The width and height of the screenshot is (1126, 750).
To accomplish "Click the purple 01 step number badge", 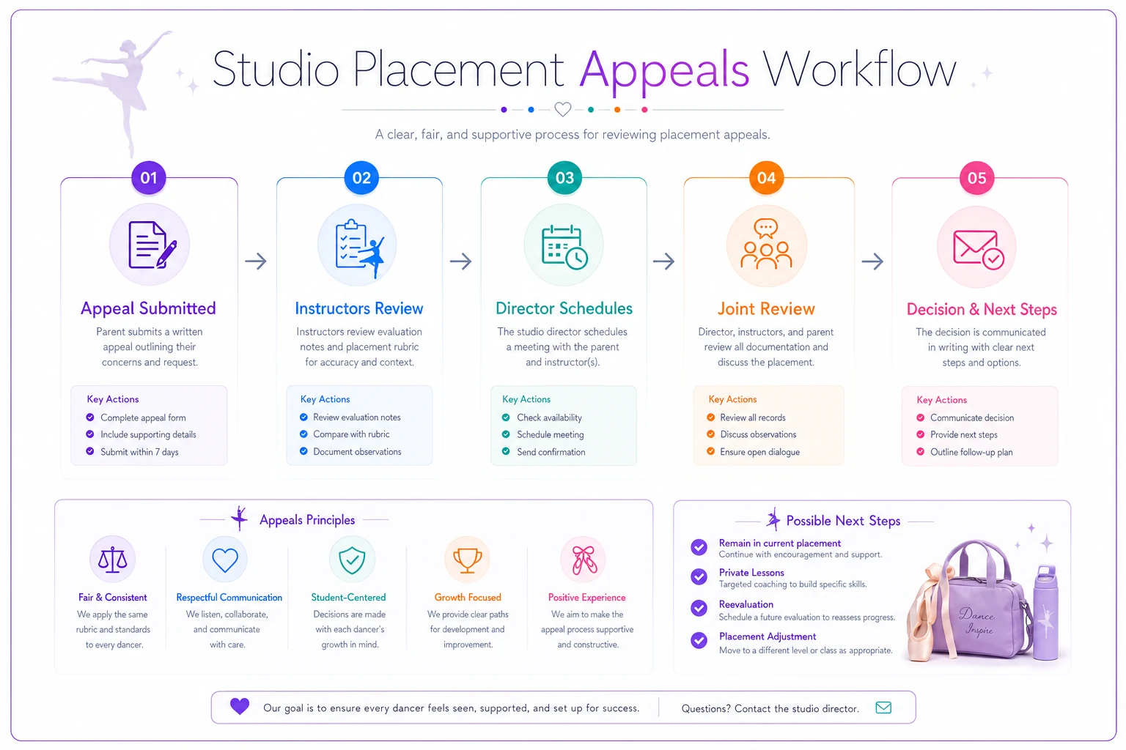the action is pos(148,178).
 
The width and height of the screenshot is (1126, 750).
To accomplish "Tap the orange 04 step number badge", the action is pos(766,178).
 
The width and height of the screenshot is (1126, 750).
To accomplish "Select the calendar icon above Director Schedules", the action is pos(564,248).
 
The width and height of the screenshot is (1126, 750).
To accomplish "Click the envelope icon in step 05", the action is pos(978,249).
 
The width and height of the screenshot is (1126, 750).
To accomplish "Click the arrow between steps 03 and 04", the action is pos(663,261).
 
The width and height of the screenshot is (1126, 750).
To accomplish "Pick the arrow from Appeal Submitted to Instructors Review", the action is pos(256,261).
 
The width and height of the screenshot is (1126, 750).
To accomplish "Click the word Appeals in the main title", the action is pos(663,70).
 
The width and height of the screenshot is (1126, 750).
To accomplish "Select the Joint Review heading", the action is pos(766,308).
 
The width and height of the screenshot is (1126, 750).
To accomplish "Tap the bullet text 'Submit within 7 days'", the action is pos(139,452).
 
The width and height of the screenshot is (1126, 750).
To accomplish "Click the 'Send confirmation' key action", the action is pos(551,452).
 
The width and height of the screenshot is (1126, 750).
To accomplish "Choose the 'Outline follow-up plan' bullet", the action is pos(971,452).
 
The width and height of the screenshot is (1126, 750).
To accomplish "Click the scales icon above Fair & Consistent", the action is pos(113,559).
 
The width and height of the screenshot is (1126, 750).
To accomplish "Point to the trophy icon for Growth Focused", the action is pos(468,560).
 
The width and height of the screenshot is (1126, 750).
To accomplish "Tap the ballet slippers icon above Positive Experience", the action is pos(584,560).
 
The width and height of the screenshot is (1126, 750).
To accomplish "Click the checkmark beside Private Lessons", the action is pos(699,576).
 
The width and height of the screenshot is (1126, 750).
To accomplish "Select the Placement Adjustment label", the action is pos(767,636).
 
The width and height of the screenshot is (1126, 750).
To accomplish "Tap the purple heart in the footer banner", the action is pos(240,706).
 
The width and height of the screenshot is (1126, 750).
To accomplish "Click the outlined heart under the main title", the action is pos(562,109).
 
